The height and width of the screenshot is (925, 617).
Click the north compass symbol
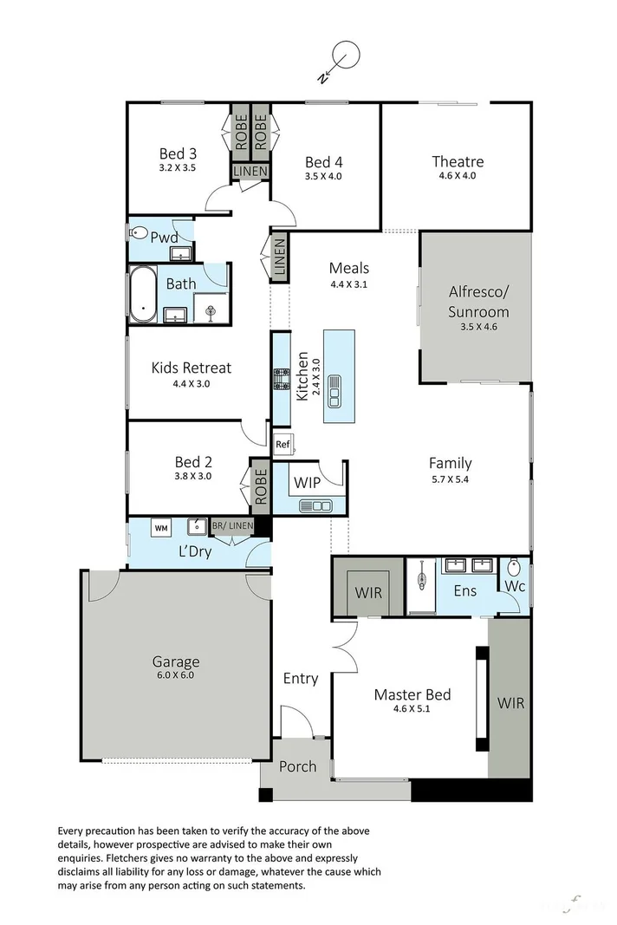(345, 57)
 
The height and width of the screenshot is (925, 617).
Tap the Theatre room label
(458, 161)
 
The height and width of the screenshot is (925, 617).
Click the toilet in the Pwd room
(138, 233)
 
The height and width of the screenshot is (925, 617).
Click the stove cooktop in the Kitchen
(282, 378)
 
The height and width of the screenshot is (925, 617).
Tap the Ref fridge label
(282, 446)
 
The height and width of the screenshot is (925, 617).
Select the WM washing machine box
(160, 527)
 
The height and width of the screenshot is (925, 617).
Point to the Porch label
(296, 766)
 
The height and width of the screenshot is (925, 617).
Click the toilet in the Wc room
(514, 569)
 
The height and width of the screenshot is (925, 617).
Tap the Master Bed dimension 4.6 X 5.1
(412, 709)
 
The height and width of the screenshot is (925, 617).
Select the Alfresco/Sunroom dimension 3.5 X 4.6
(477, 327)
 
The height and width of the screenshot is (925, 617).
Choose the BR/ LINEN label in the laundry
(231, 526)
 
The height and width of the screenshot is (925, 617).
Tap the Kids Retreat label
(191, 368)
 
